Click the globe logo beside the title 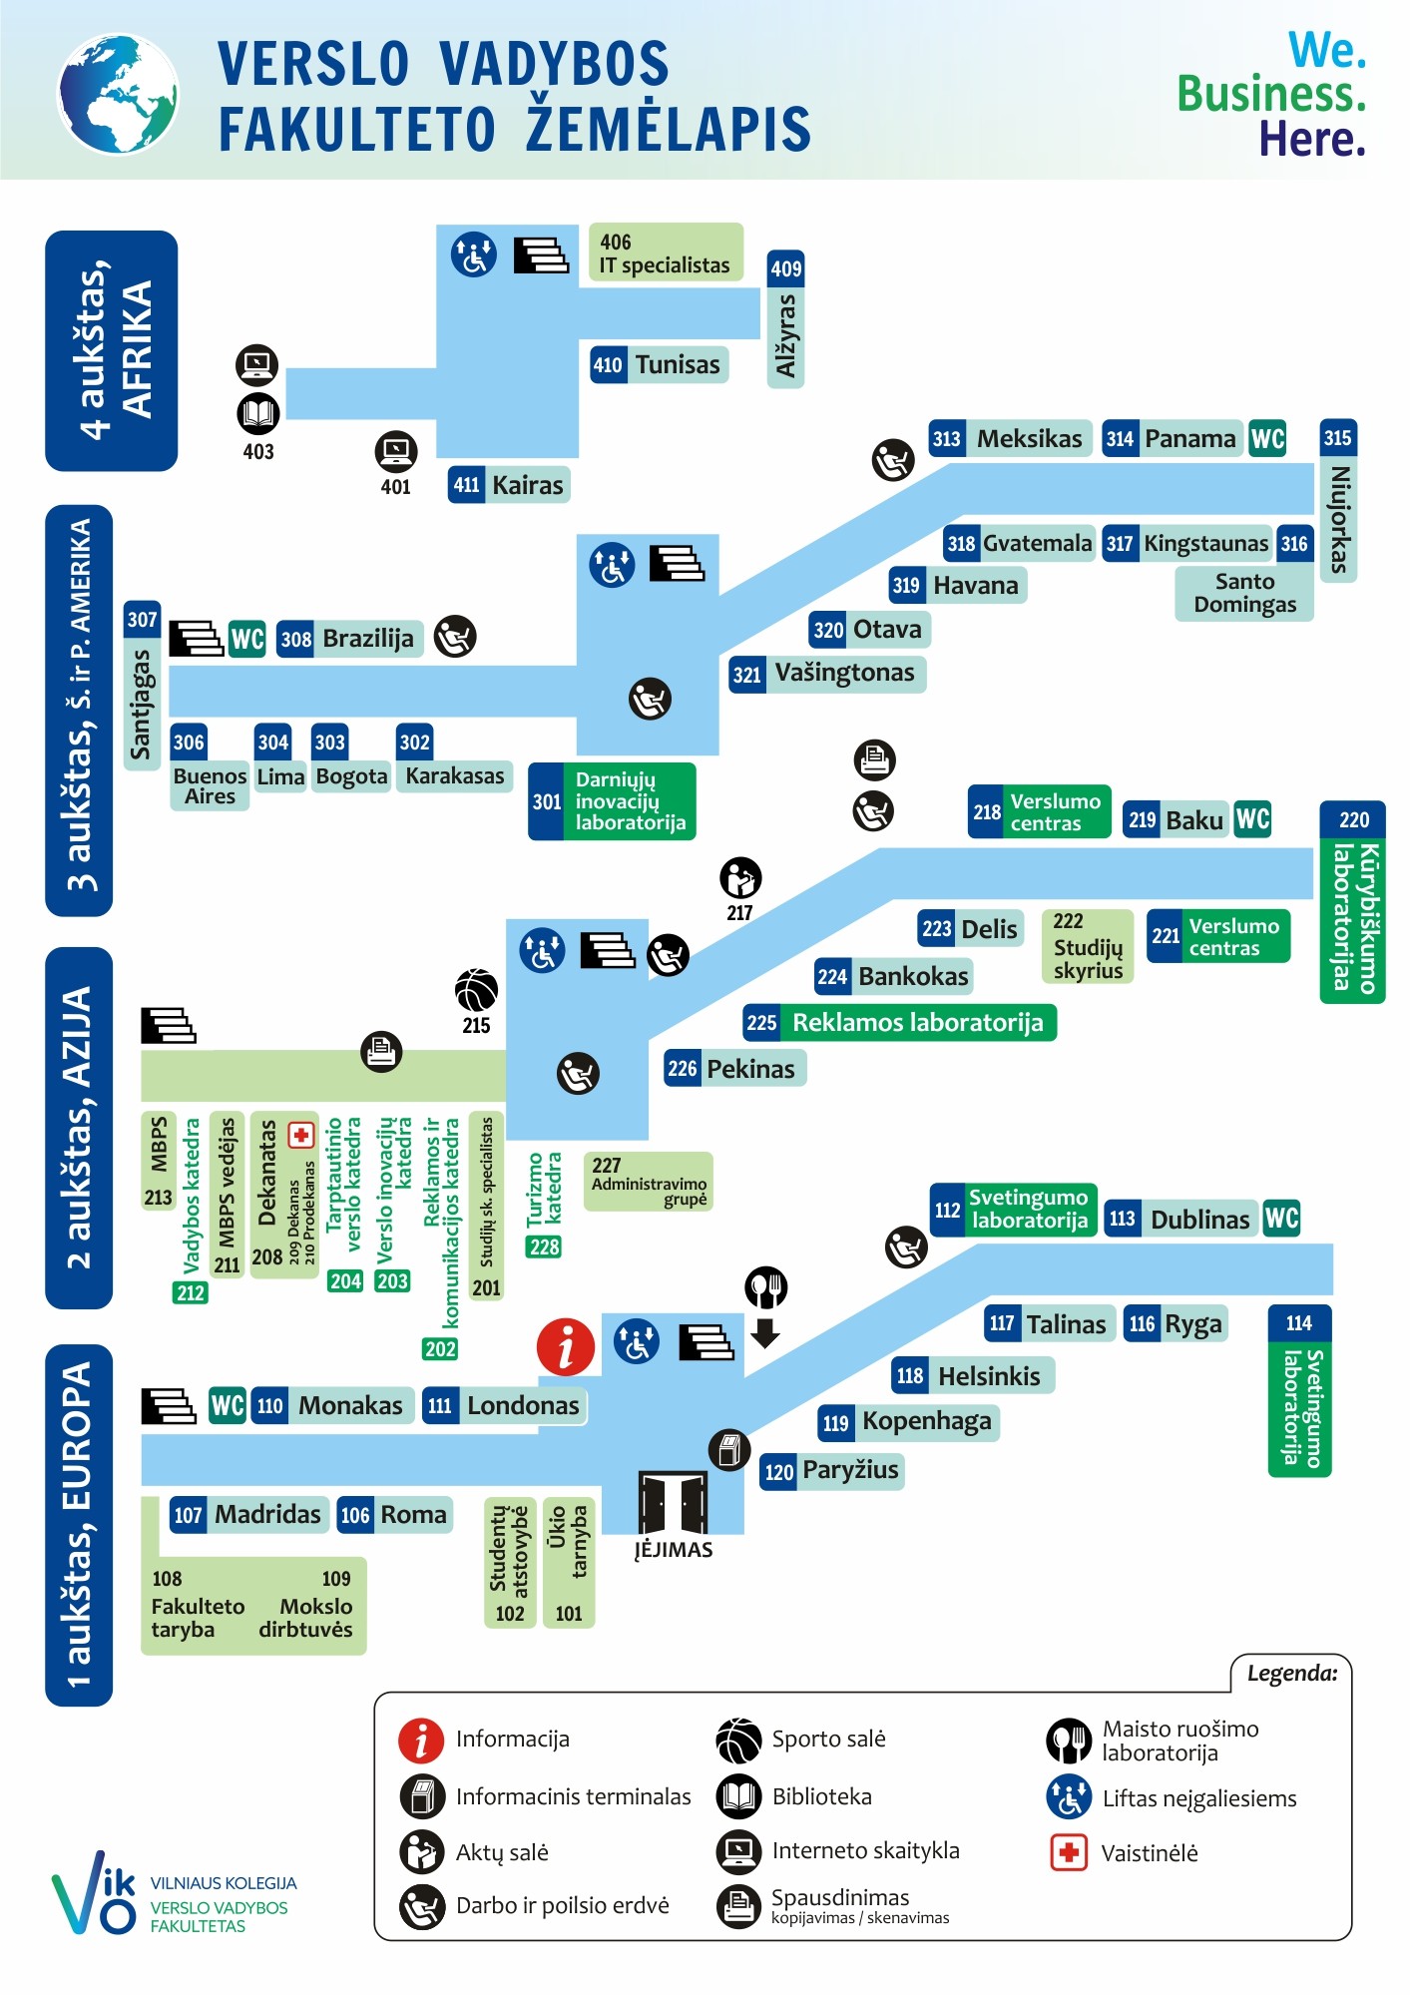pos(118,95)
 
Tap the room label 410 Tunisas pos(659,365)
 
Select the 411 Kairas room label pos(509,485)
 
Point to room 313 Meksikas pos(1010,439)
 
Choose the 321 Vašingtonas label pos(827,674)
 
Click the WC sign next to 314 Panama pos(1267,439)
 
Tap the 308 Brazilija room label pos(350,639)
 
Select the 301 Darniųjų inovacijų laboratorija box pos(612,801)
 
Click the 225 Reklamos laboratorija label pos(899,1023)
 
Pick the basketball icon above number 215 pos(476,991)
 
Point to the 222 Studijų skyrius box pos(1088,946)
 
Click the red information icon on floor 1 pos(566,1346)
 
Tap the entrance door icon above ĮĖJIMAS pos(674,1503)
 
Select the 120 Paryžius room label pos(832,1471)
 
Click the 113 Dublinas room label pos(1180,1219)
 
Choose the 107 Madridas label pos(248,1515)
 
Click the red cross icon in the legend pos(1069,1853)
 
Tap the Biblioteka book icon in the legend pos(739,1796)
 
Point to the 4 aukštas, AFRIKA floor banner pos(112,351)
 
